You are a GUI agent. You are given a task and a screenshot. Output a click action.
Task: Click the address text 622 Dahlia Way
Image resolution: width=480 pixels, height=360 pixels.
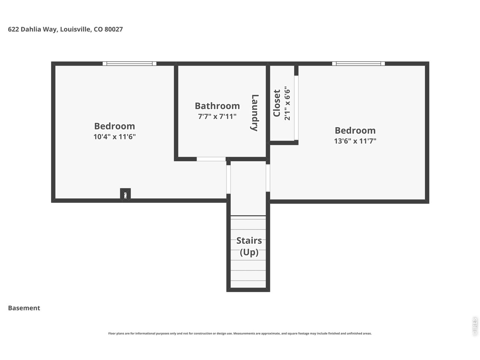(33, 30)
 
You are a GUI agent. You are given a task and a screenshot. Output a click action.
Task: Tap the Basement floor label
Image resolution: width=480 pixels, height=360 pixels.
(24, 308)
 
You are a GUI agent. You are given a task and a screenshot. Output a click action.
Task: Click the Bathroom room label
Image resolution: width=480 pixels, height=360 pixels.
(217, 106)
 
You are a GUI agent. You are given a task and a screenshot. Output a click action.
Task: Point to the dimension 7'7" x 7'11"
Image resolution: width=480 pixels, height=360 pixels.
(217, 116)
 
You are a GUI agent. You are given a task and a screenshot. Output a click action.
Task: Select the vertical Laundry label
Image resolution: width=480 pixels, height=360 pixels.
(255, 113)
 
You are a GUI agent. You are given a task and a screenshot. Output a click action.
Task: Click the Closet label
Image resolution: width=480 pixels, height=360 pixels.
(277, 103)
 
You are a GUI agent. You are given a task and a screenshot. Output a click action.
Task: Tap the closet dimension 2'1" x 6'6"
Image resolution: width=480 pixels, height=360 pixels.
(287, 103)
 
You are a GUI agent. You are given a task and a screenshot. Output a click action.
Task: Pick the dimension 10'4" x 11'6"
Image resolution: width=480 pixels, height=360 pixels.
(115, 136)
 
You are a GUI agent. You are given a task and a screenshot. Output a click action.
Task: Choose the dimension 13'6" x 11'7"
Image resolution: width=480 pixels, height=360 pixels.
(355, 141)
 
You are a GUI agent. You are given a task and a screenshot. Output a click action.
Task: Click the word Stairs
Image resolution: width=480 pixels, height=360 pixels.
(249, 241)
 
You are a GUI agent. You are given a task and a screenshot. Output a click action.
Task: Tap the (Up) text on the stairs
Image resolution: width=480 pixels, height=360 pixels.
(249, 252)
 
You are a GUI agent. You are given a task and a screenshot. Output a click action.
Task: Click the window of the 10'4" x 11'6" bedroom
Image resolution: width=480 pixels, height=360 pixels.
(129, 64)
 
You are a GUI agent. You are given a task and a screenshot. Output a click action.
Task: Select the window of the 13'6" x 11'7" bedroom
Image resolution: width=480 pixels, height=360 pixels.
(358, 64)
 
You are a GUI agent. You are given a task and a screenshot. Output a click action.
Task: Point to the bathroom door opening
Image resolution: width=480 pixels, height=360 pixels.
(211, 159)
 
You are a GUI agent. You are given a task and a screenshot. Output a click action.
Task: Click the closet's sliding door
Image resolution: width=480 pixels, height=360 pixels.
(296, 108)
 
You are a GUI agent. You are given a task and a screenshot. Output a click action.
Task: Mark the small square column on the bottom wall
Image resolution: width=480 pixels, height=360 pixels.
(125, 194)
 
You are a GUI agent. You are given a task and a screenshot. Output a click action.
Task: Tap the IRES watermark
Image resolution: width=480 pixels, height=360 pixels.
(474, 327)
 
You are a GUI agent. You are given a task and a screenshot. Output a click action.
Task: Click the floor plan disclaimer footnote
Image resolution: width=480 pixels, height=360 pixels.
(240, 333)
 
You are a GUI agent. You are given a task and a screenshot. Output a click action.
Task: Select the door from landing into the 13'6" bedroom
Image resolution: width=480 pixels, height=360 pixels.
(268, 178)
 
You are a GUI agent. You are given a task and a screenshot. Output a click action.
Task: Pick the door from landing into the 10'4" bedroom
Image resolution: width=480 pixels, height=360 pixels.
(228, 180)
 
